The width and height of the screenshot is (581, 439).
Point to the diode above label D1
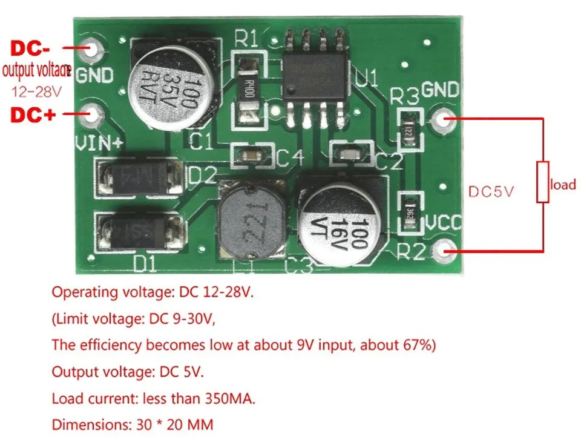139,231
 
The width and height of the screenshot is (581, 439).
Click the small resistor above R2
410,212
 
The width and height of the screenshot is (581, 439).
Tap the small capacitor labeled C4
251,156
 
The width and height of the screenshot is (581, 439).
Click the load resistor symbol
542,182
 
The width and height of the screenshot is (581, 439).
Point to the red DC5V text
491,191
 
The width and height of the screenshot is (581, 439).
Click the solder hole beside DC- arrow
92,50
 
